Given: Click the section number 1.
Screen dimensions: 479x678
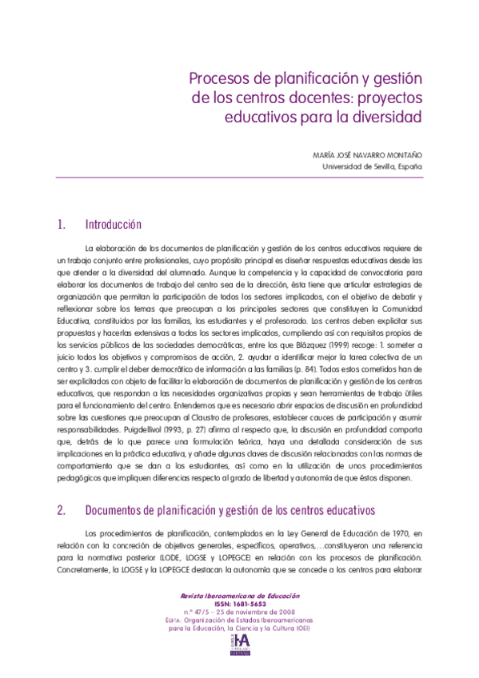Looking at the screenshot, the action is [x=61, y=225].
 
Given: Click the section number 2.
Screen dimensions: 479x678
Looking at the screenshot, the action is [x=61, y=509].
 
